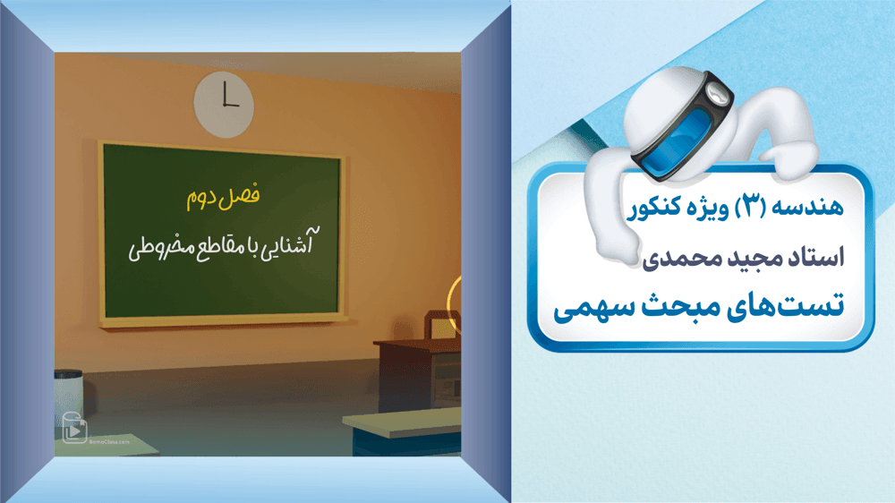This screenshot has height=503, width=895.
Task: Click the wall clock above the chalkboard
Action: pyautogui.click(x=224, y=105)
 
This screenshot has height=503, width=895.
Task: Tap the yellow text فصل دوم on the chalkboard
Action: pyautogui.click(x=223, y=197)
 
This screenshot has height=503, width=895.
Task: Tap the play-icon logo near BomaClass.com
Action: pyautogui.click(x=74, y=428)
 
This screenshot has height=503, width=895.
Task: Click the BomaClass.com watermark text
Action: pyautogui.click(x=109, y=441)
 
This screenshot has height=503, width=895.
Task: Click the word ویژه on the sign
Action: pyautogui.click(x=708, y=209)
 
